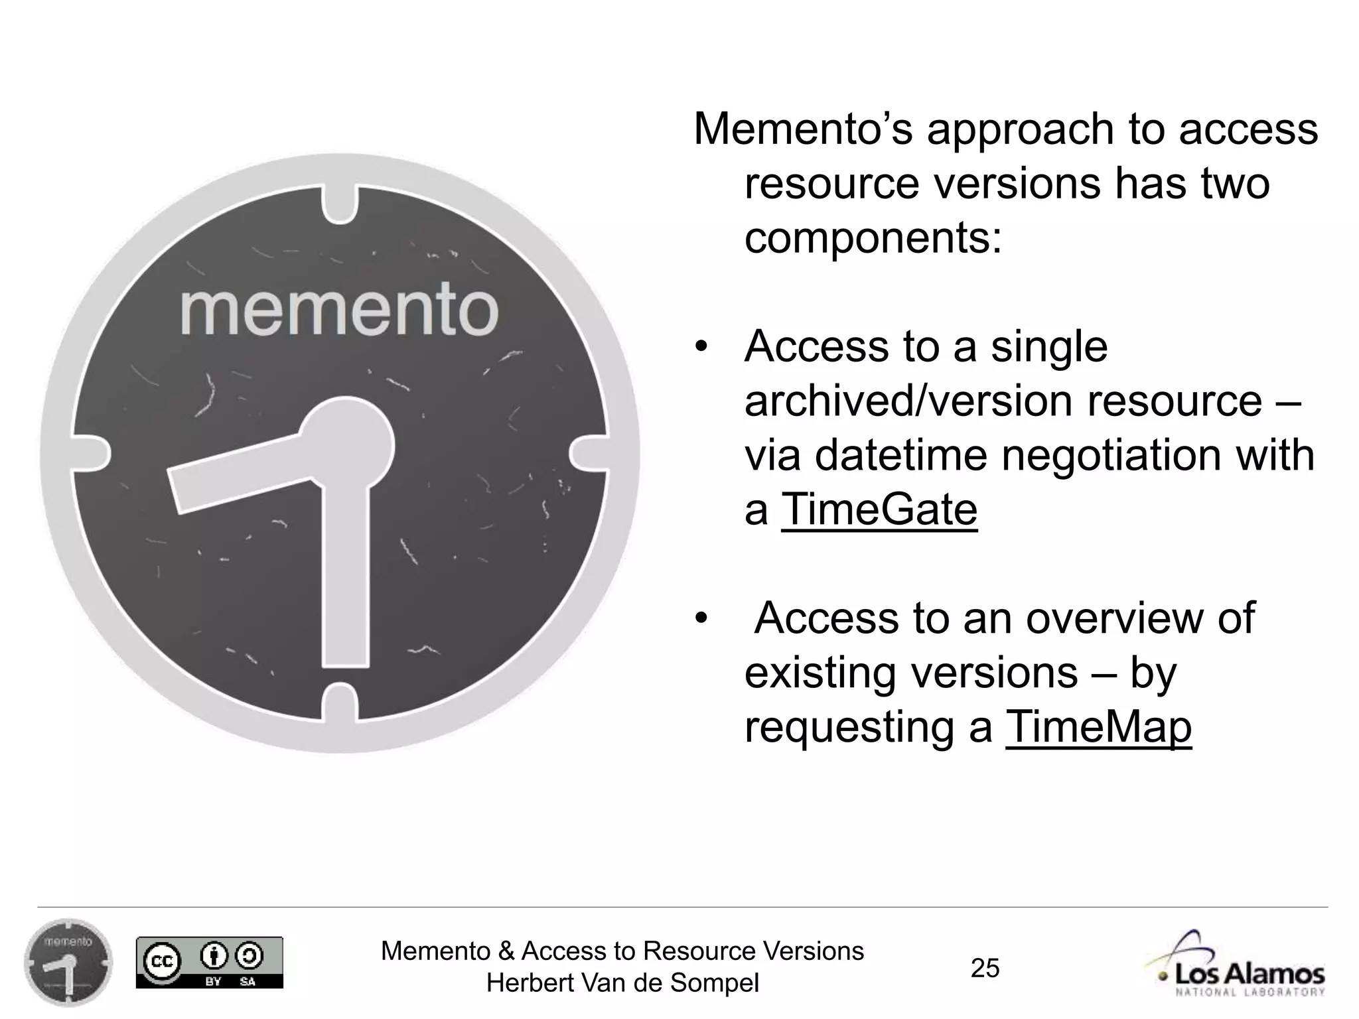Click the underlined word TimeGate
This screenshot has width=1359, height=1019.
pos(879,510)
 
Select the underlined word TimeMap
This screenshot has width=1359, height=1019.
pos(1099,728)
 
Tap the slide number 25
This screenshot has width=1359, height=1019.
pos(985,968)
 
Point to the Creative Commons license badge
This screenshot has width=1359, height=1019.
pos(209,963)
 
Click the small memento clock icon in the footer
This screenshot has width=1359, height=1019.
pos(68,963)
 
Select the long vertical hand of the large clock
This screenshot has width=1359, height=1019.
pos(346,571)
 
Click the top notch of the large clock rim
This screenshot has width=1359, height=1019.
pos(340,202)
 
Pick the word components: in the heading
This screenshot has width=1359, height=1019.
pos(873,238)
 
